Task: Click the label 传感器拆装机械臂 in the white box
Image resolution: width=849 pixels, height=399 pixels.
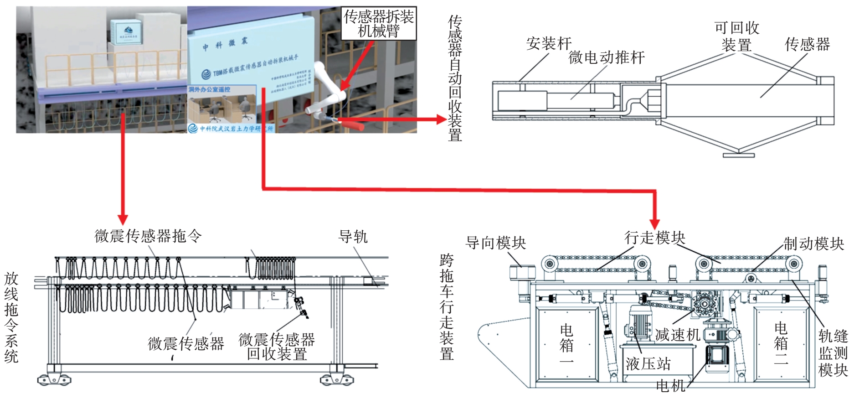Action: pos(378,24)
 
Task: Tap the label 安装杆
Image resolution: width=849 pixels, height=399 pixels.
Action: pos(549,44)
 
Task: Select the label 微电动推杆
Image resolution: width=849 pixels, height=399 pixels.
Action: pos(607,57)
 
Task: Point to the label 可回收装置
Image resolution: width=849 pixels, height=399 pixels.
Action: pos(736,36)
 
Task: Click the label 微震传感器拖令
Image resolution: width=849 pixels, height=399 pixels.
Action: pos(148,236)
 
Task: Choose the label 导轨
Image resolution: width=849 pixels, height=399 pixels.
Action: pos(353,237)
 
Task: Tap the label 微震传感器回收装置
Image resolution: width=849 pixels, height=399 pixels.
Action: pos(277,347)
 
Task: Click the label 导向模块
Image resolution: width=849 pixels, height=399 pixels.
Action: pos(495,243)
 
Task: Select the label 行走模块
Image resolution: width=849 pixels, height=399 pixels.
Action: pos(654,238)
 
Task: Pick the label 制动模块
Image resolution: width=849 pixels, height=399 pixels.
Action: pos(813,244)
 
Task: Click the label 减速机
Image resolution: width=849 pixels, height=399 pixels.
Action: pos(677,335)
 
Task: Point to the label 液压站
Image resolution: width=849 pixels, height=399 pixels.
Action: pos(648,364)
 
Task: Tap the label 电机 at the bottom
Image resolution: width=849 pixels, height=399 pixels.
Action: pos(670,386)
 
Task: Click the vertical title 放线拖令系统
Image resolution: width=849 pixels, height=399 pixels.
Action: pos(11,317)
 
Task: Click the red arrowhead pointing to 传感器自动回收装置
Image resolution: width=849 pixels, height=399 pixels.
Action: pos(441,119)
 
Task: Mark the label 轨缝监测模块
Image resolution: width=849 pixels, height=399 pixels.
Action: pos(833,353)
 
